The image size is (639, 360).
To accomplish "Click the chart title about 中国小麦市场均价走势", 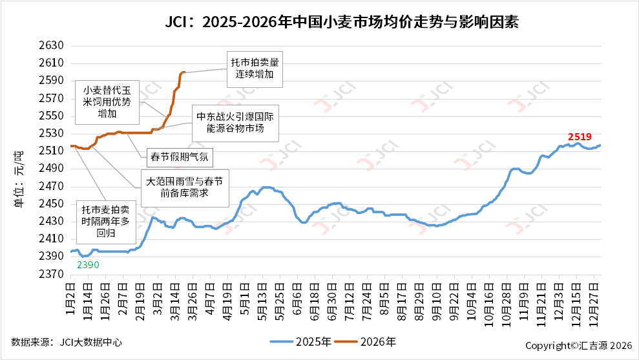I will click(x=342, y=23).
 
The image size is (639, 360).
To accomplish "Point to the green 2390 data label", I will click(x=88, y=265).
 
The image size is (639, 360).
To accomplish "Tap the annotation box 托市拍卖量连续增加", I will click(x=256, y=69).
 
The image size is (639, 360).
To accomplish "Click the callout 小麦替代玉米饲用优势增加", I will click(x=107, y=103).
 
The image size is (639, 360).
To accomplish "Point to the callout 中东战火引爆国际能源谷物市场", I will click(x=236, y=124).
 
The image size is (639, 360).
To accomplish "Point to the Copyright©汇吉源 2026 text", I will click(x=578, y=346).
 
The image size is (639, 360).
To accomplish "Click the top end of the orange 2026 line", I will click(x=185, y=72).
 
